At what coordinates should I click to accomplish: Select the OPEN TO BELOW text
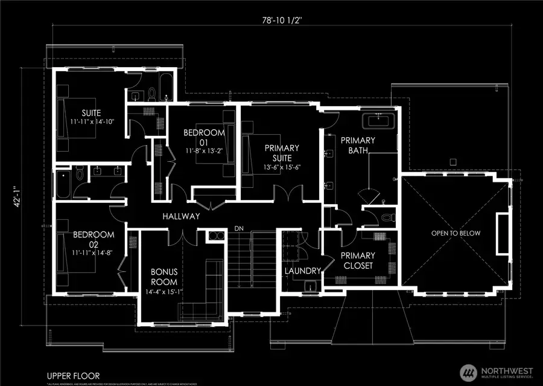456,233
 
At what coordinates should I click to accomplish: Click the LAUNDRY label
302,271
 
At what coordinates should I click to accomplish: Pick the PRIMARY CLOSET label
357,260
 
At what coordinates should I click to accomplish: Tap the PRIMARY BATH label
358,145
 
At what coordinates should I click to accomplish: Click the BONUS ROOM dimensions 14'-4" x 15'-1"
164,293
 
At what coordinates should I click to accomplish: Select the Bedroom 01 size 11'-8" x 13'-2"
204,151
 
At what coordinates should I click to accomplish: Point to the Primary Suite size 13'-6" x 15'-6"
281,167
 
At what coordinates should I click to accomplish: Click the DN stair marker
239,228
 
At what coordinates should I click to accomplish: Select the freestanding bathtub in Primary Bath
378,120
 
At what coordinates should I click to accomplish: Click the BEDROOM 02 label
93,239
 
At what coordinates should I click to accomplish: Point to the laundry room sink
311,286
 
